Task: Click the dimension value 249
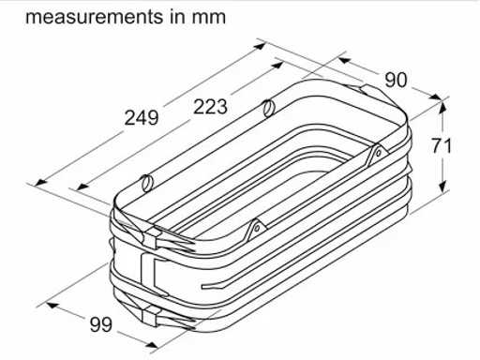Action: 142,118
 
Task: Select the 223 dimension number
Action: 210,107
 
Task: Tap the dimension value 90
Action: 396,80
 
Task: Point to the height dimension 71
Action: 442,146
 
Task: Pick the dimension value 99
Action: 101,324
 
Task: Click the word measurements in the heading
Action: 95,17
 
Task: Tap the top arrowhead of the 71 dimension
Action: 442,106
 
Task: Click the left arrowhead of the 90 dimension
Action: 344,60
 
